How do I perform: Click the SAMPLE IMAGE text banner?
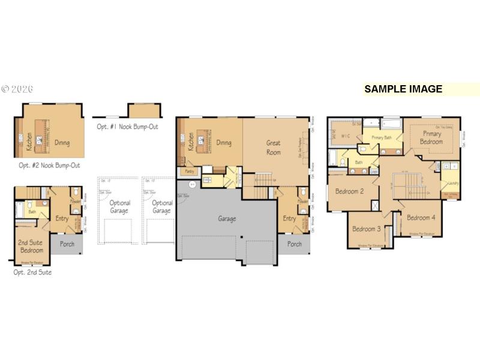tap(403, 89)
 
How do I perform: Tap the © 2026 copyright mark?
tap(17, 89)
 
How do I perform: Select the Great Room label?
tap(273, 148)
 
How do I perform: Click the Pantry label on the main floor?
tap(189, 172)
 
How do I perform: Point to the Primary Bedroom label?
tap(431, 137)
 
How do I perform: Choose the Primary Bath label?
tap(382, 138)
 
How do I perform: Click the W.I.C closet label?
tap(345, 136)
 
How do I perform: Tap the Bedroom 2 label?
tap(349, 191)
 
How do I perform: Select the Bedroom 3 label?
tap(366, 229)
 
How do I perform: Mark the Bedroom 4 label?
tap(420, 217)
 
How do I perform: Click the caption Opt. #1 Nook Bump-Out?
tap(128, 127)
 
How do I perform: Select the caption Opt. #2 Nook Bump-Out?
tap(49, 165)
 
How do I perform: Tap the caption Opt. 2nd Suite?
tap(32, 272)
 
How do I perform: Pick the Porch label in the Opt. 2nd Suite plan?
tap(67, 244)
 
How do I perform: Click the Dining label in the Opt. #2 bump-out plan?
tap(61, 143)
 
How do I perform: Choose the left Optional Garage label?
tap(119, 207)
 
